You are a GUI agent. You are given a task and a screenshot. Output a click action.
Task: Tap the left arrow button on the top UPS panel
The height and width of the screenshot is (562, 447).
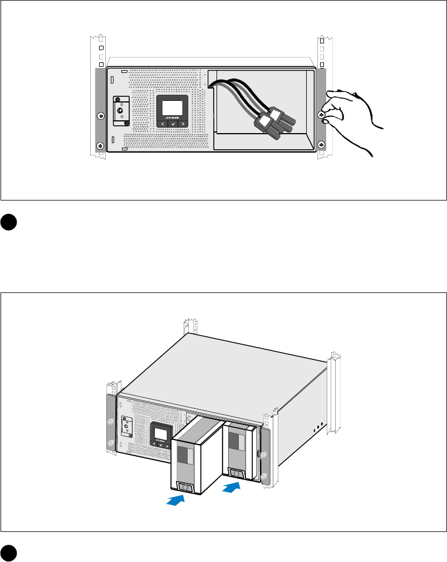click(x=162, y=123)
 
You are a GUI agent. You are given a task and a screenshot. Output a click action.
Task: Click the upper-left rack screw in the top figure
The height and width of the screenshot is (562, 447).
click(x=100, y=116)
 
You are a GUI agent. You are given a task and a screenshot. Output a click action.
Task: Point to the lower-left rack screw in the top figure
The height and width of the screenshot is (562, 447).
click(x=100, y=146)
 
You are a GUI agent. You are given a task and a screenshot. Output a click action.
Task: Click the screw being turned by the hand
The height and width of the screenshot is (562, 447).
click(x=321, y=115)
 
